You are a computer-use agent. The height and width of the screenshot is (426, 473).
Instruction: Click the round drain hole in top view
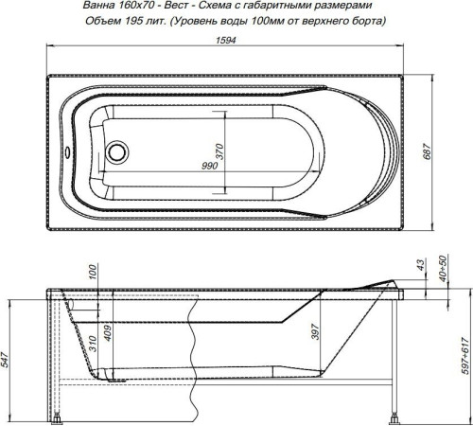[118, 151]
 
